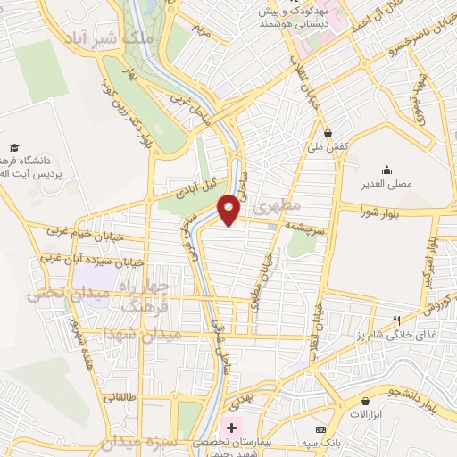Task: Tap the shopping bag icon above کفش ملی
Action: pos(328,131)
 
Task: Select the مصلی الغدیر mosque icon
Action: pos(386,170)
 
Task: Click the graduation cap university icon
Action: pos(14,147)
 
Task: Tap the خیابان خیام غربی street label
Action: pos(87,232)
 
